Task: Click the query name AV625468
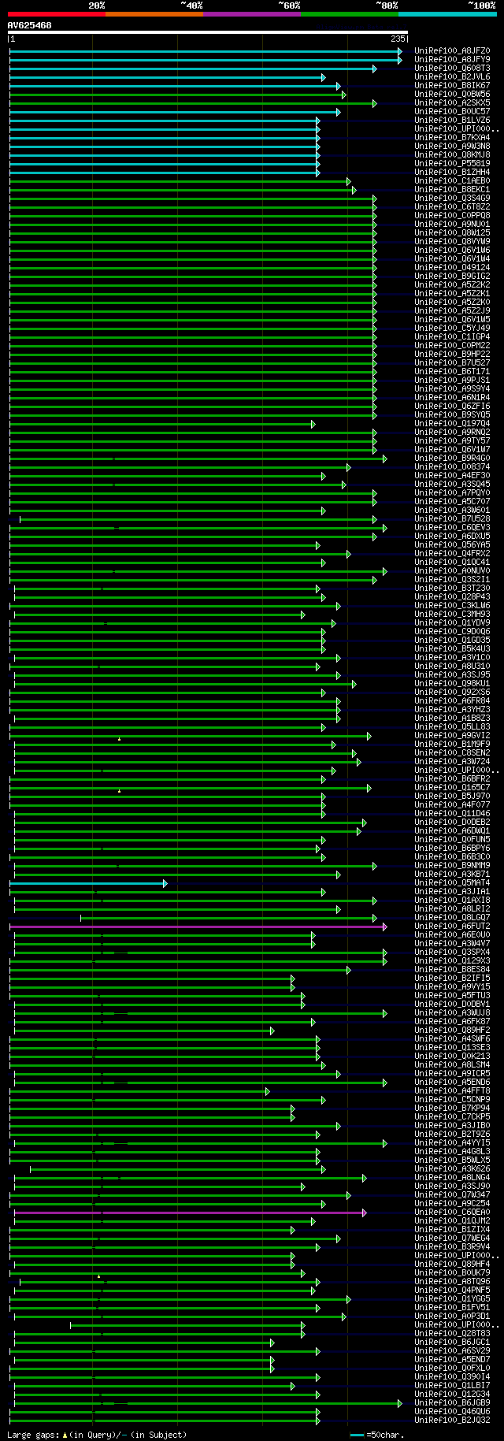[x=30, y=25]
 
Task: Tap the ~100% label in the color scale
[x=481, y=6]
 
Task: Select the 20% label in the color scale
[x=97, y=6]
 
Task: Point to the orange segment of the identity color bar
[x=154, y=14]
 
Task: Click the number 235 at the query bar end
[x=397, y=38]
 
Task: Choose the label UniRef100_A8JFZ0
[x=452, y=51]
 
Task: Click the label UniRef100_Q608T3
[x=452, y=69]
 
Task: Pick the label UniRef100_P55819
[x=452, y=164]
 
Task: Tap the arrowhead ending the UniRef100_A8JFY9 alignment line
[x=399, y=60]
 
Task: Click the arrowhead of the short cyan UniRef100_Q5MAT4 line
[x=165, y=883]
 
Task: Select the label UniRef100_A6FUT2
[x=452, y=927]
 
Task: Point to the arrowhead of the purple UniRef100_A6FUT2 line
[x=384, y=927]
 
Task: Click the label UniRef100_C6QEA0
[x=452, y=1213]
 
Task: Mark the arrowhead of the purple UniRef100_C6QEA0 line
[x=363, y=1213]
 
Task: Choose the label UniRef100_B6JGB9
[x=452, y=1403]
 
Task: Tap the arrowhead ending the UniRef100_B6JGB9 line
[x=399, y=1403]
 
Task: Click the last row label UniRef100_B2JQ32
[x=452, y=1421]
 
